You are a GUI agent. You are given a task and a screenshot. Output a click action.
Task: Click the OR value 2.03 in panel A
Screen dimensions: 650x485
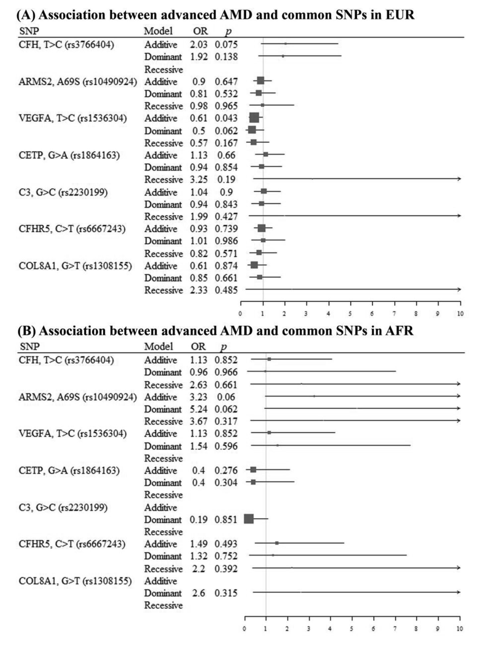point(199,44)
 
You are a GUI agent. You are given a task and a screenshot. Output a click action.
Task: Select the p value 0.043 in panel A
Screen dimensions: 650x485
point(226,118)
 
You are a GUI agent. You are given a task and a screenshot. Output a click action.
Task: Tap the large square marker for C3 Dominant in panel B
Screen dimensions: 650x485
point(249,519)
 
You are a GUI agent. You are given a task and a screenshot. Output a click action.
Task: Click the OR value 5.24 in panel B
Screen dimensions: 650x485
point(199,409)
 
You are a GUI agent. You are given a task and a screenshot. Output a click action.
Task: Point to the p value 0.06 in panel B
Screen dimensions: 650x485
point(226,397)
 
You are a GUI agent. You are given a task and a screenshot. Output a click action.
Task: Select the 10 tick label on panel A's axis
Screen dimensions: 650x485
point(460,314)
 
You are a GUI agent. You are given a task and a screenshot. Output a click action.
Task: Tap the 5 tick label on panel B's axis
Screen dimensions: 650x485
point(352,628)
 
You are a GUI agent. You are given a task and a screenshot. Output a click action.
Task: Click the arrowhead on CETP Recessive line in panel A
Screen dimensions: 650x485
point(459,179)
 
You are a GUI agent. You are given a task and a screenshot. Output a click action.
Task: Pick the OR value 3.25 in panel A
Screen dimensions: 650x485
point(199,180)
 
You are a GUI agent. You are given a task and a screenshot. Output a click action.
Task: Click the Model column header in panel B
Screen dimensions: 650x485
point(158,346)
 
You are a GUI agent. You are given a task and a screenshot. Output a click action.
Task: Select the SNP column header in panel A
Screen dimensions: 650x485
point(29,31)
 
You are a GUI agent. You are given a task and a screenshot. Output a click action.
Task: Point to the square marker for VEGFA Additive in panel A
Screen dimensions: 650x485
point(254,117)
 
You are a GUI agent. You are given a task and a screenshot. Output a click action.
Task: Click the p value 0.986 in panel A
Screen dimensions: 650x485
point(226,241)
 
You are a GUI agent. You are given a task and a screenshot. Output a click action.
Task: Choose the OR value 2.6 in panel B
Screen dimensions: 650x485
point(198,593)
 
